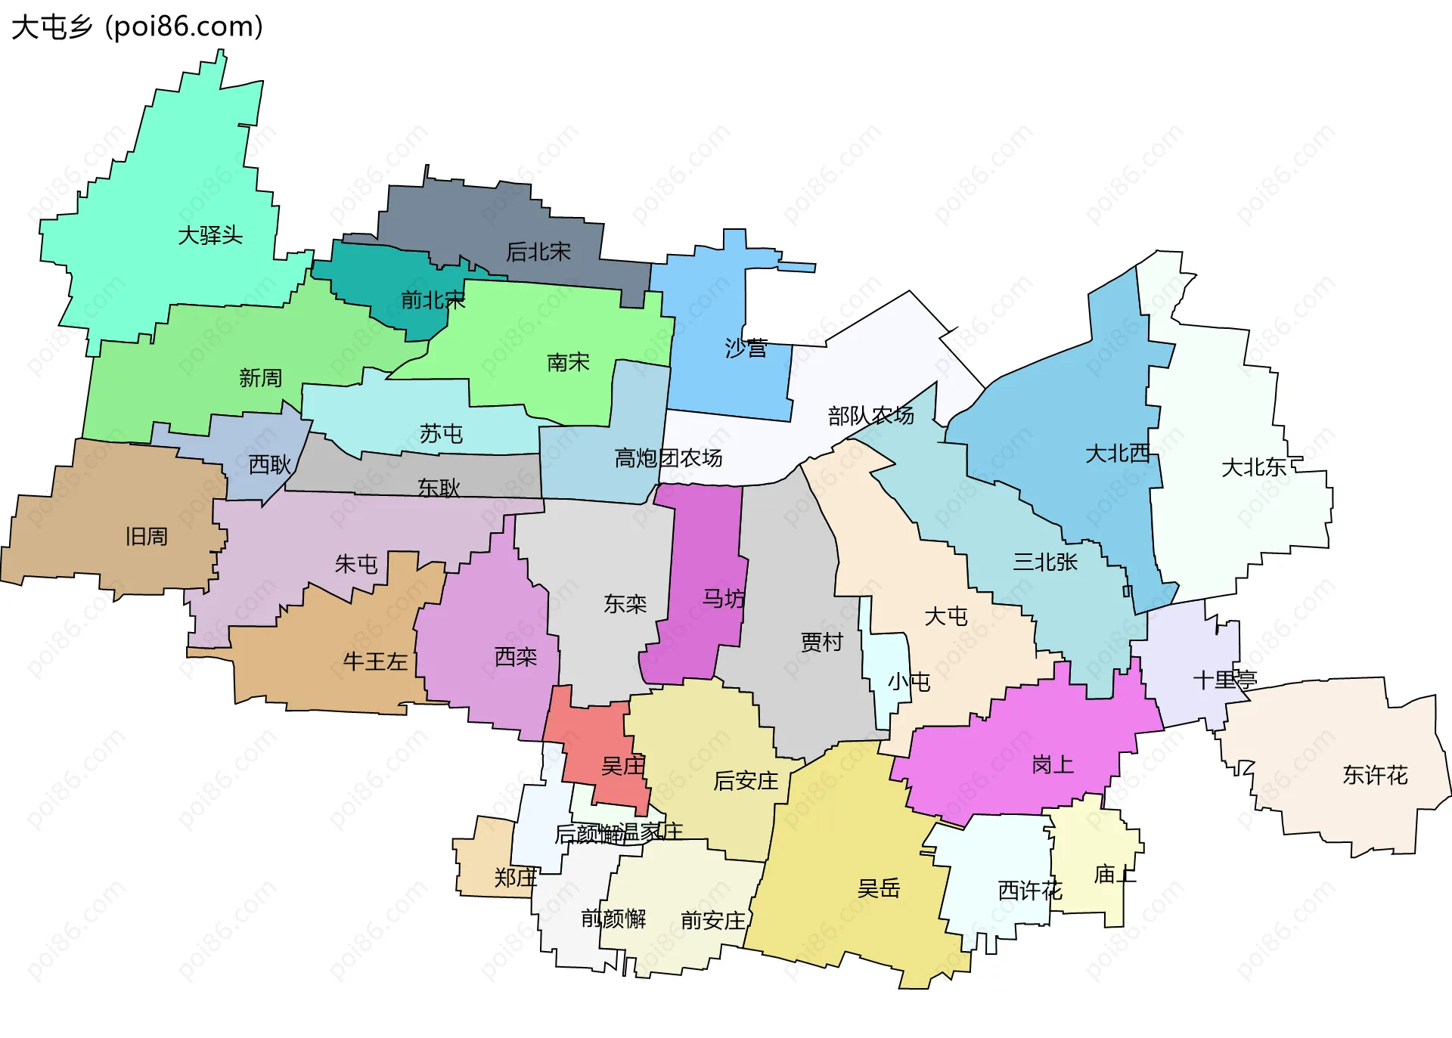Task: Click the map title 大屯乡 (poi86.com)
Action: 137,27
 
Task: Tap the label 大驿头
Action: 210,235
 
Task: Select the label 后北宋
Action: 538,252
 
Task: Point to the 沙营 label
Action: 746,349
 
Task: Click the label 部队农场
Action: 870,416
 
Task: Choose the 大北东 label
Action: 1254,467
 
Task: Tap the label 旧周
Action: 147,537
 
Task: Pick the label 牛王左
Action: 375,662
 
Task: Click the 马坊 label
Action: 724,599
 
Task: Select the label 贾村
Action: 822,643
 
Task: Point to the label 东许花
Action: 1375,775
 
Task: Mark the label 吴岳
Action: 879,888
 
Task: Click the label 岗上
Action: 1053,765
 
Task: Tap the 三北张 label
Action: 1045,562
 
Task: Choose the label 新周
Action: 260,378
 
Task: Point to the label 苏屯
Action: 441,434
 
